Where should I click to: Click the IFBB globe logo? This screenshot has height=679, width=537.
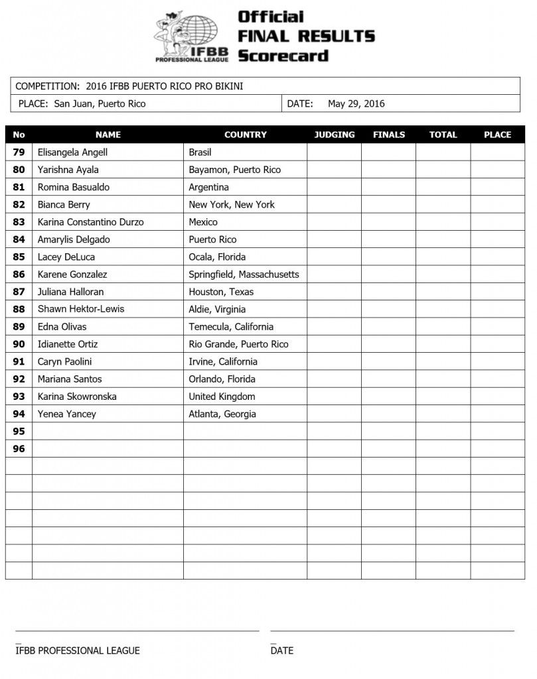click(192, 36)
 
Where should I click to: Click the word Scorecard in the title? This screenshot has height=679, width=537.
click(283, 55)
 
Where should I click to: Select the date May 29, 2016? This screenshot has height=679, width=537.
click(356, 103)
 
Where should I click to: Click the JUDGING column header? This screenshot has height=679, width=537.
click(334, 135)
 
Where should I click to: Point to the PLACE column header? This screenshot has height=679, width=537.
click(497, 135)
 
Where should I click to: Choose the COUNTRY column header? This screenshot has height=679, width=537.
click(245, 135)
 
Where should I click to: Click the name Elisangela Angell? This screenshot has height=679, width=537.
click(72, 153)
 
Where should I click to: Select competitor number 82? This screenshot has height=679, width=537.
click(19, 205)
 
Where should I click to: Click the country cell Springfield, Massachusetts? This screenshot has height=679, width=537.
click(244, 275)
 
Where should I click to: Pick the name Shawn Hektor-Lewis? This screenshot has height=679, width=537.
click(80, 309)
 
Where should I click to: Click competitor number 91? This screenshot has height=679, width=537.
click(19, 361)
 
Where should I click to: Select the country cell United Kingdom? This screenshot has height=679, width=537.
click(222, 397)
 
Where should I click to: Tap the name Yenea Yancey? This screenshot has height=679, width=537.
click(66, 414)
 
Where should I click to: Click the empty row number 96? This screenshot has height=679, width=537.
click(19, 449)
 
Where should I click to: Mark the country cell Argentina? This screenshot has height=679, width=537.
click(208, 187)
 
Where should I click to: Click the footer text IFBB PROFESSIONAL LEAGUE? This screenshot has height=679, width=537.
click(78, 650)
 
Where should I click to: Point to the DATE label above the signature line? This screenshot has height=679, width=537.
click(282, 650)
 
